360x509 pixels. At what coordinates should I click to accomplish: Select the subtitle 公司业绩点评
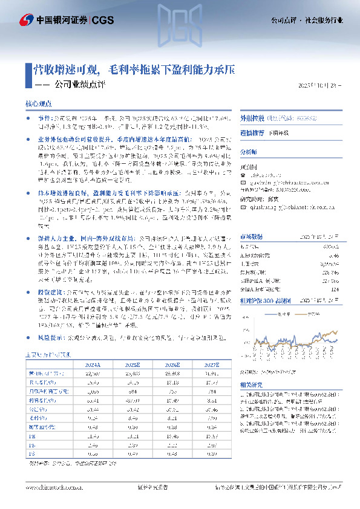(x=79, y=85)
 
